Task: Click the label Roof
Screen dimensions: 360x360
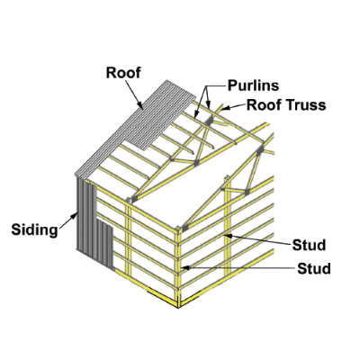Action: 123,73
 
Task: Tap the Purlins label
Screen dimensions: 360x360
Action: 254,85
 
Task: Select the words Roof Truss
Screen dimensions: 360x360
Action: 286,105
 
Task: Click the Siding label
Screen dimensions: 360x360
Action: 34,230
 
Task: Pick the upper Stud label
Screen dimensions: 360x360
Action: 309,245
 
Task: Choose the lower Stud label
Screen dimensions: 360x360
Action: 314,268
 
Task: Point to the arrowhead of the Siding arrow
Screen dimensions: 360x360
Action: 74,215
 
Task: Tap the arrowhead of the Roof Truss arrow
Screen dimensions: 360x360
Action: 224,108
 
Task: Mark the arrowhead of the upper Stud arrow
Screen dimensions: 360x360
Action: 228,236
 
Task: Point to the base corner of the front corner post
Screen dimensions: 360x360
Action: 178,307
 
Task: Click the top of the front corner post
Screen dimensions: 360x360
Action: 178,228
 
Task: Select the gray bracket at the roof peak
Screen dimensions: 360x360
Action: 209,121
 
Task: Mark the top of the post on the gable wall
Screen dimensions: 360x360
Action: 228,178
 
